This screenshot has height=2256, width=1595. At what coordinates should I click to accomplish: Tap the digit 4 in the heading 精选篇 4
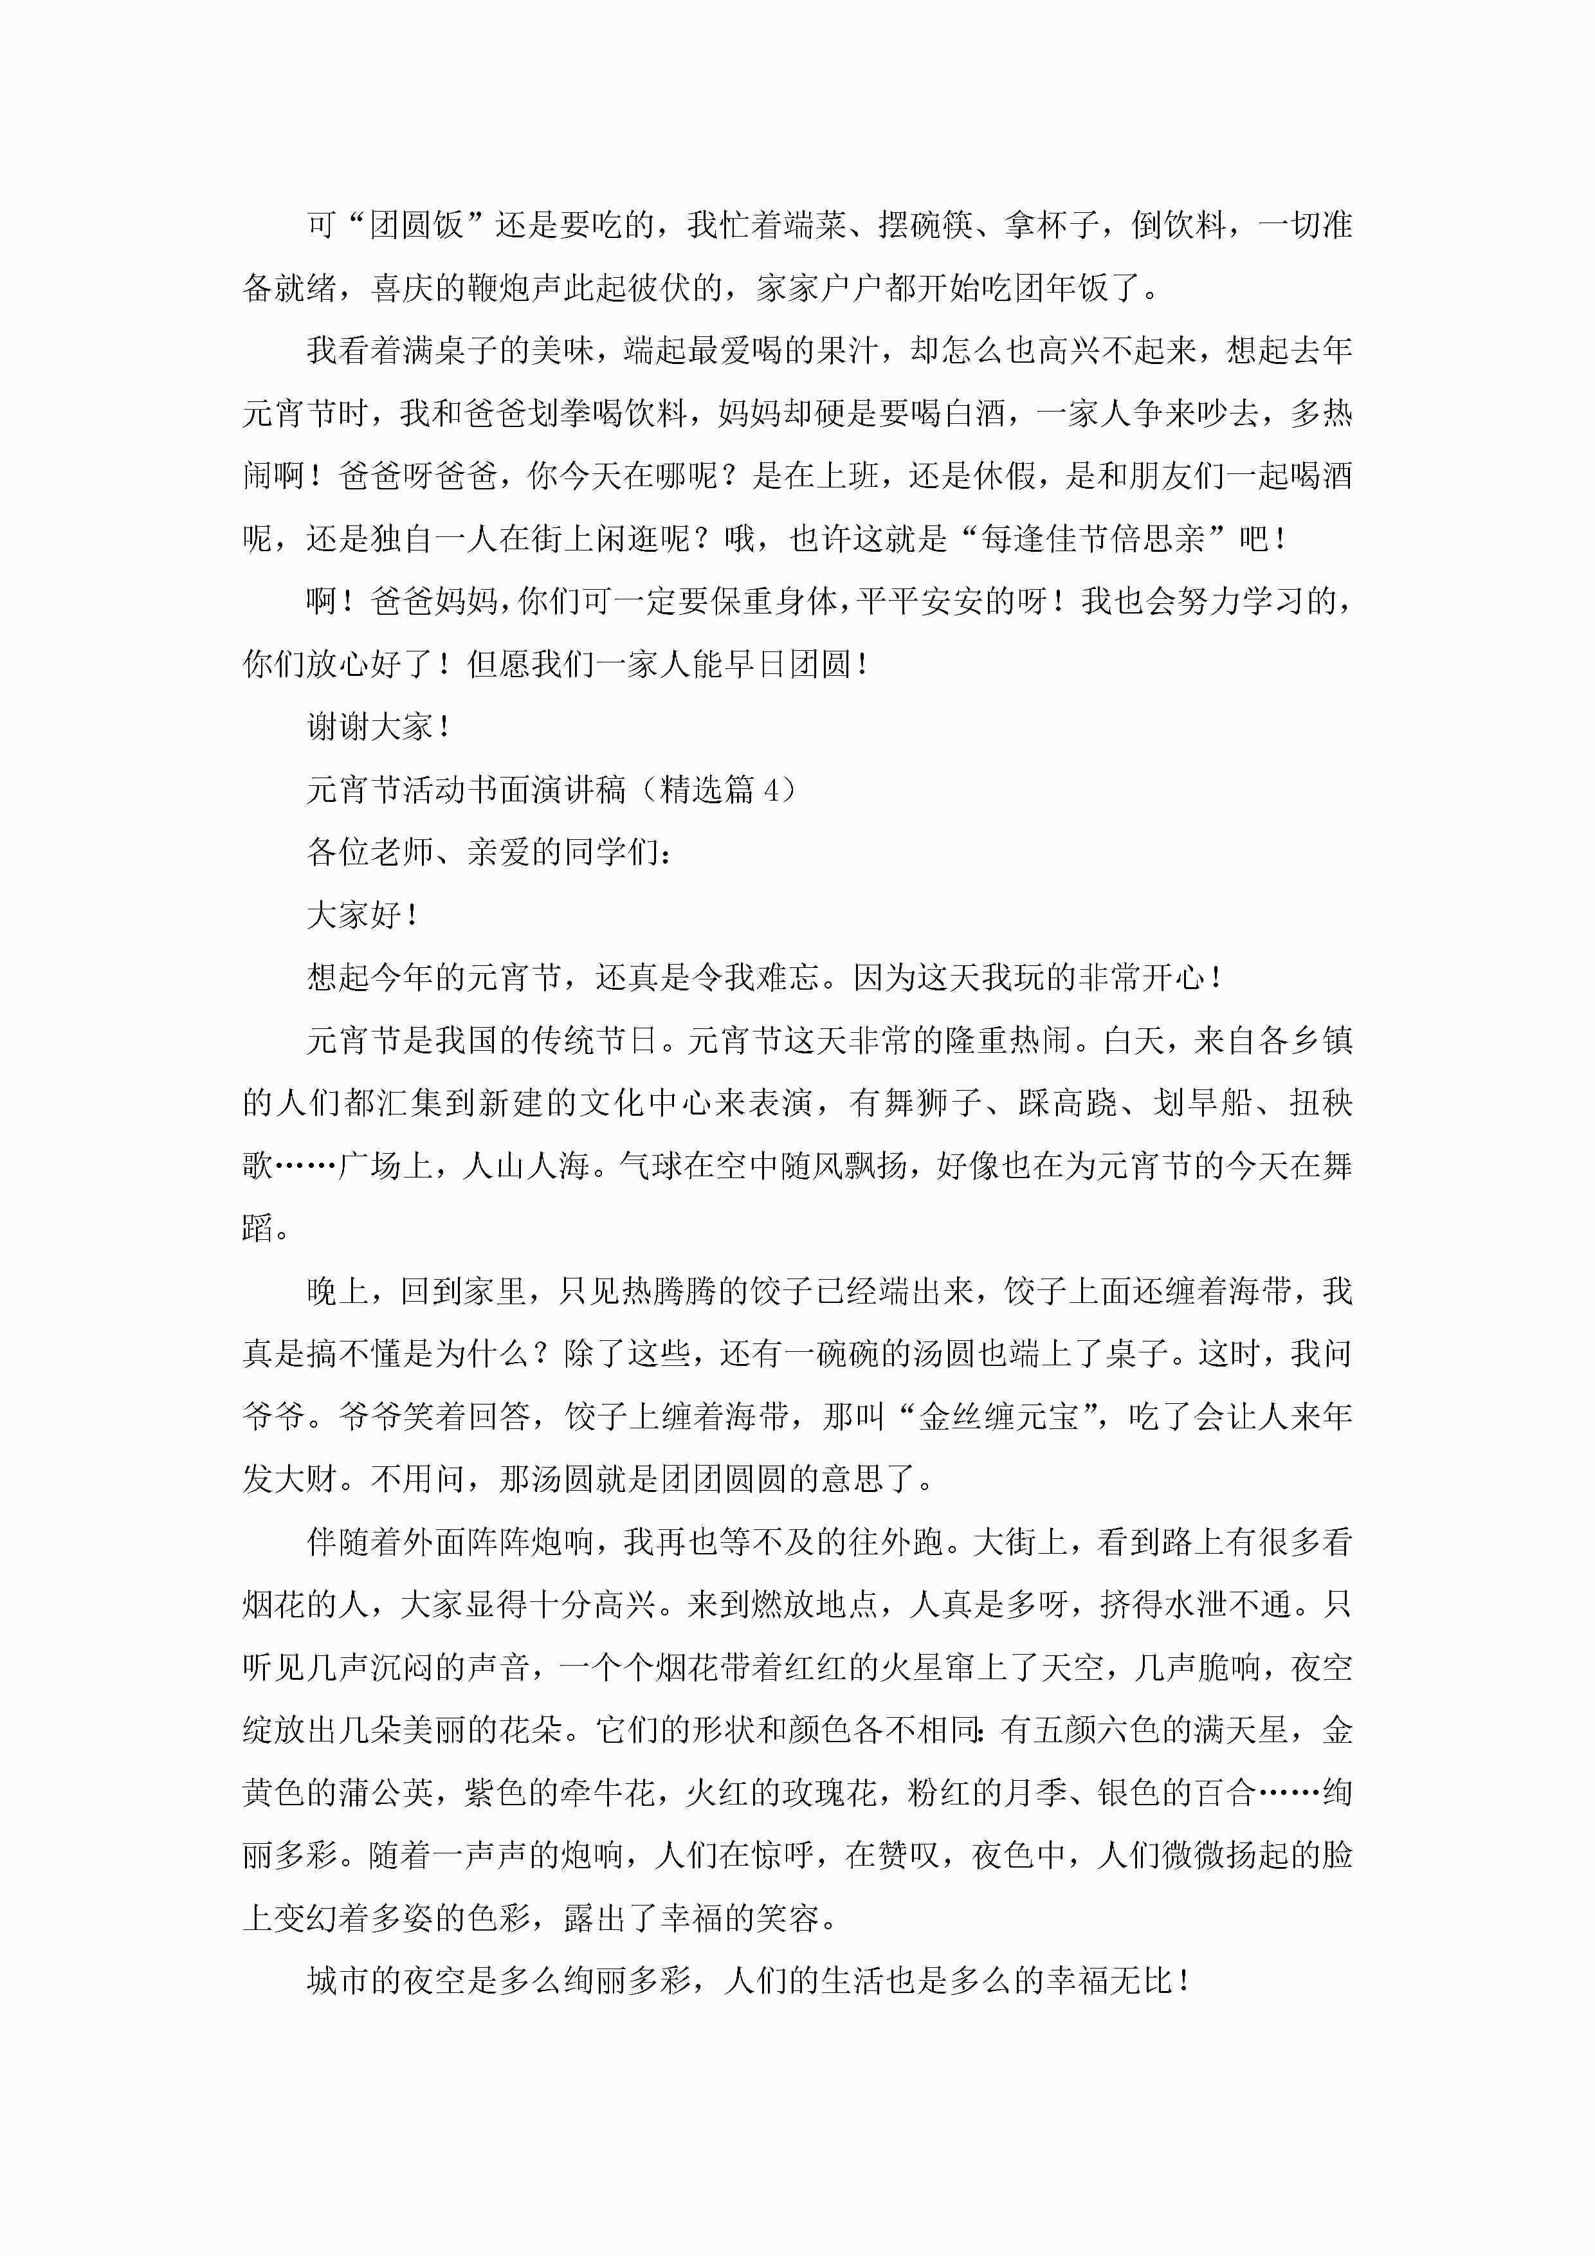pos(772,789)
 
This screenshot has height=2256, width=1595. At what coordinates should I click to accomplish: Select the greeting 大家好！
pos(363,914)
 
